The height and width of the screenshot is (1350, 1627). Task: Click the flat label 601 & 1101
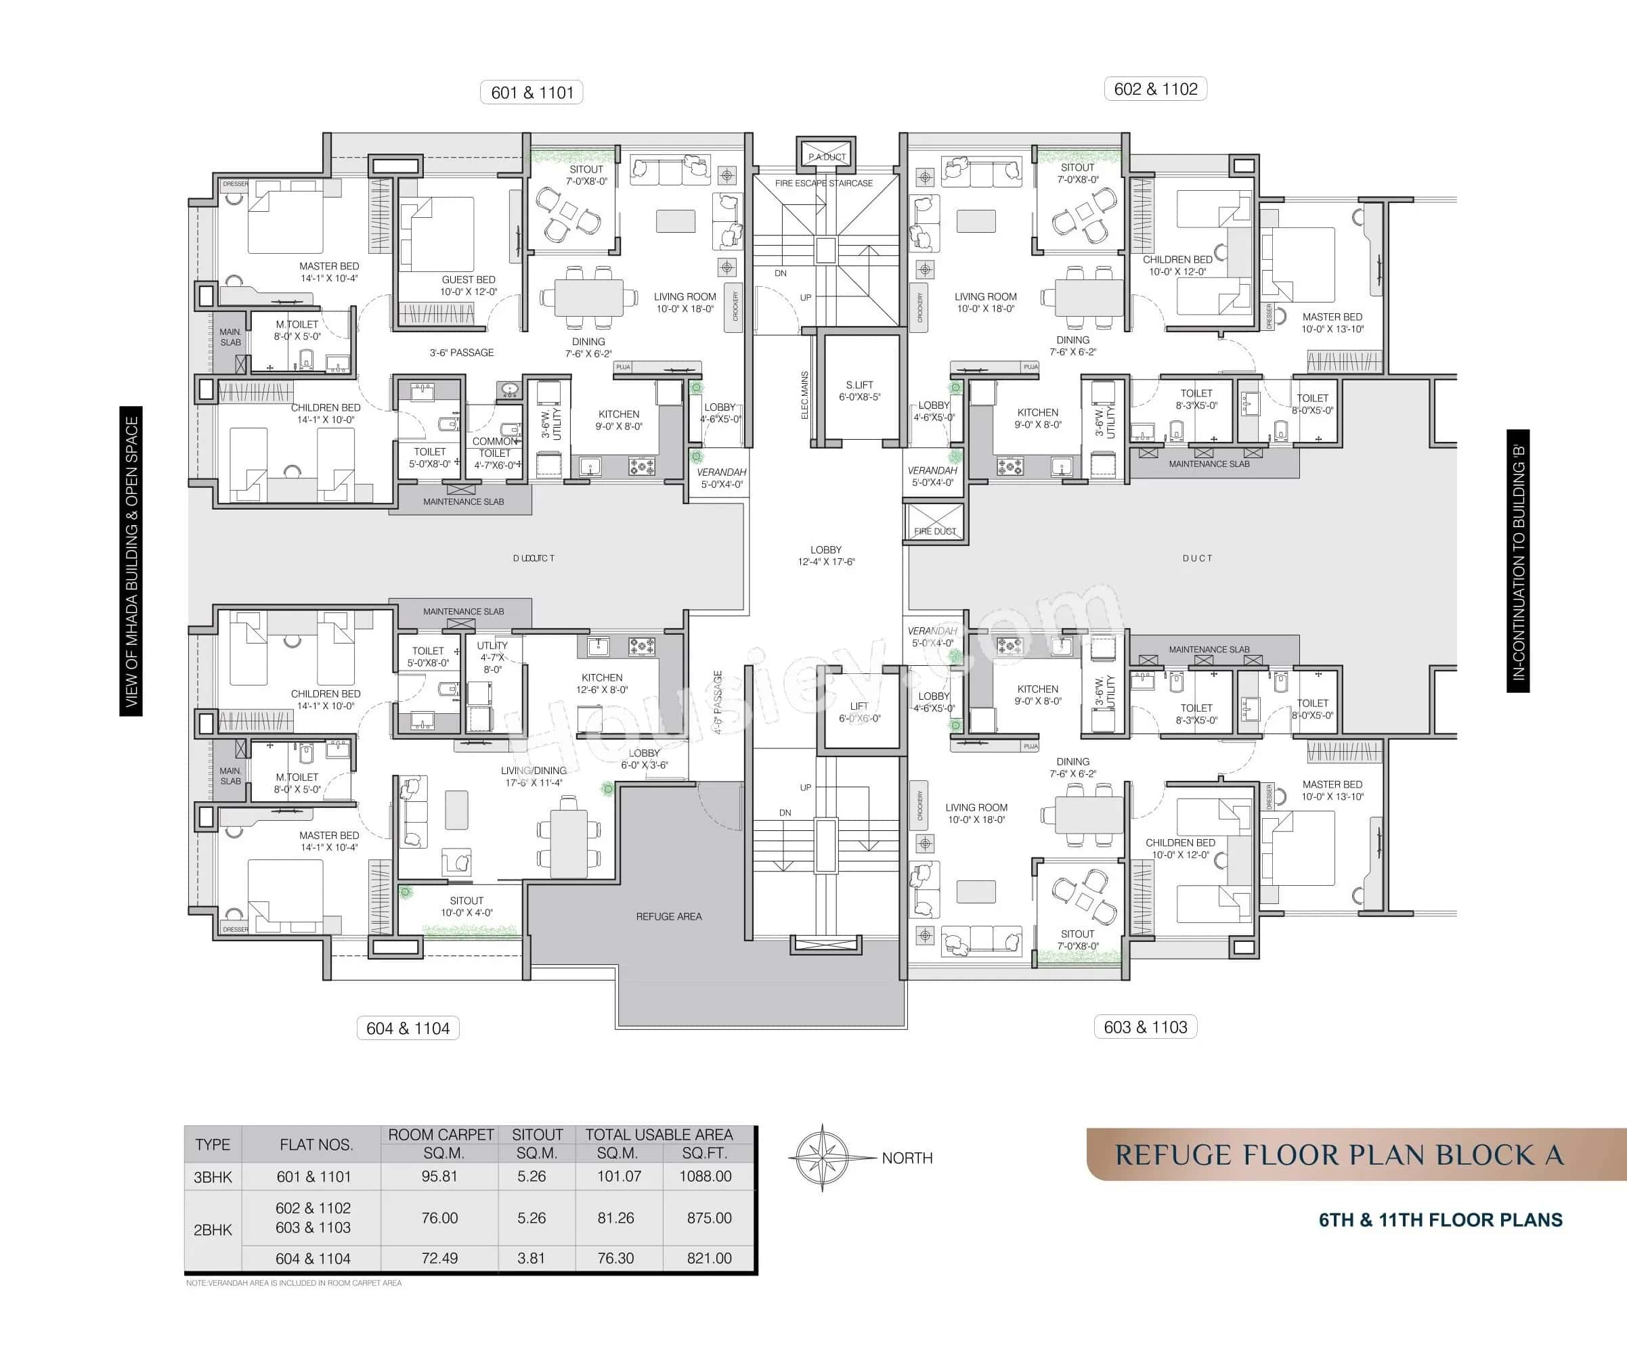[532, 93]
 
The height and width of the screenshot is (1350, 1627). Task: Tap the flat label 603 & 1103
[1145, 1027]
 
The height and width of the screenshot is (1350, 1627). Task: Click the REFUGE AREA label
[669, 916]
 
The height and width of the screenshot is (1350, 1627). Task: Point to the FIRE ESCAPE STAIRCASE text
[823, 183]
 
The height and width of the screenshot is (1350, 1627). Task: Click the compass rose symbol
[822, 1158]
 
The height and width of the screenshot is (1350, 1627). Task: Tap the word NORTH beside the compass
[907, 1158]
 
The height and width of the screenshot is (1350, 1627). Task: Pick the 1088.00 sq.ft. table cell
[705, 1175]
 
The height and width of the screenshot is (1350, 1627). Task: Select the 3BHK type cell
[213, 1177]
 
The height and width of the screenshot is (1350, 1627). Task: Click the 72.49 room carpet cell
[439, 1258]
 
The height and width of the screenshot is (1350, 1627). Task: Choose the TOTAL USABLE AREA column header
[659, 1135]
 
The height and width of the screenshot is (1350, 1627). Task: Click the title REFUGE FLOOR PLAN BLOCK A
[1339, 1155]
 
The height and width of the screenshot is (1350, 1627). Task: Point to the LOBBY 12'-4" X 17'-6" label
[826, 556]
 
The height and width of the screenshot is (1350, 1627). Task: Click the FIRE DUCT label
[935, 531]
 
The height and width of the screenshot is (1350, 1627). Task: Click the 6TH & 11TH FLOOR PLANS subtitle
[1440, 1220]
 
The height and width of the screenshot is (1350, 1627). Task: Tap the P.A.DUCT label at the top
[827, 157]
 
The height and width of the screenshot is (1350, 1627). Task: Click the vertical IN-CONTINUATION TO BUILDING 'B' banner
[1518, 561]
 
